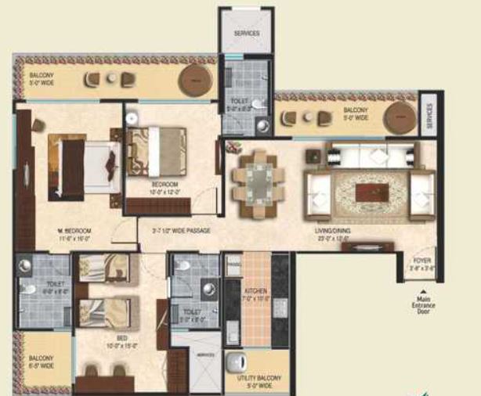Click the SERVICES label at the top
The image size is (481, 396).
pyautogui.click(x=246, y=34)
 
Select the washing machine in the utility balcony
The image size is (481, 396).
pyautogui.click(x=240, y=362)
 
